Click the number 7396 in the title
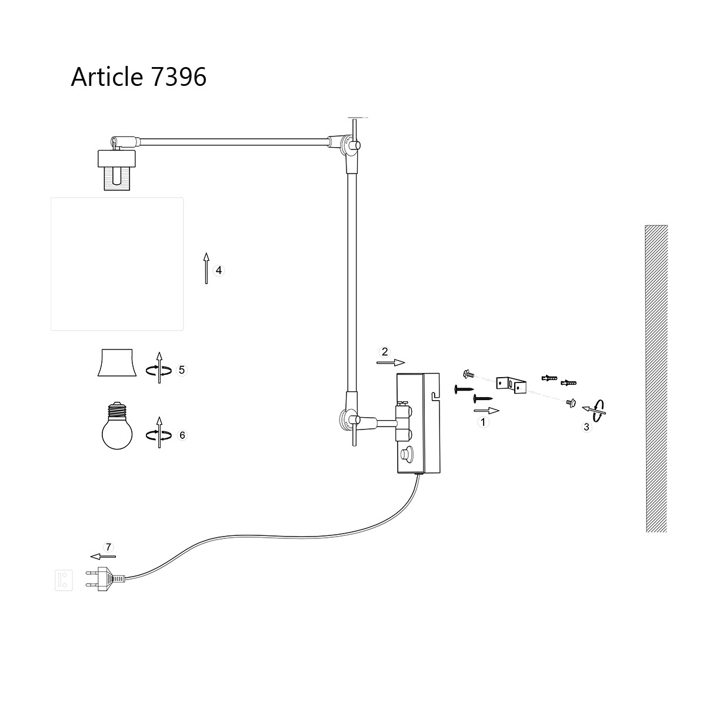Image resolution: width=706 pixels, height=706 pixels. (x=178, y=77)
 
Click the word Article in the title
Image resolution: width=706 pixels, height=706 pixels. (x=106, y=77)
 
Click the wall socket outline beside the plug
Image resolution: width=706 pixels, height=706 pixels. (x=64, y=580)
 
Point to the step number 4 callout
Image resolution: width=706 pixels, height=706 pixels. (x=219, y=271)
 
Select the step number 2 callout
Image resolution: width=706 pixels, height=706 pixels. (x=385, y=352)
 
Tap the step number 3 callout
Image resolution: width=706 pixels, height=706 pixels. (x=586, y=427)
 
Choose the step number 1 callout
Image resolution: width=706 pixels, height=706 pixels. (x=484, y=422)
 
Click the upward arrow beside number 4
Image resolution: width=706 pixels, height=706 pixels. (x=206, y=268)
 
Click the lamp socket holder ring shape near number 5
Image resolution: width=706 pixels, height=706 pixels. (x=116, y=362)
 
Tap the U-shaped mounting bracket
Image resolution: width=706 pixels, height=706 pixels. (x=509, y=384)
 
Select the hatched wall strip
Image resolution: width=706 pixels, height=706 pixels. (x=656, y=378)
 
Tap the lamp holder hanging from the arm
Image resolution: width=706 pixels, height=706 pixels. (x=117, y=168)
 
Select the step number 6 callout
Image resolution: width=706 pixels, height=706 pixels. (x=182, y=435)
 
